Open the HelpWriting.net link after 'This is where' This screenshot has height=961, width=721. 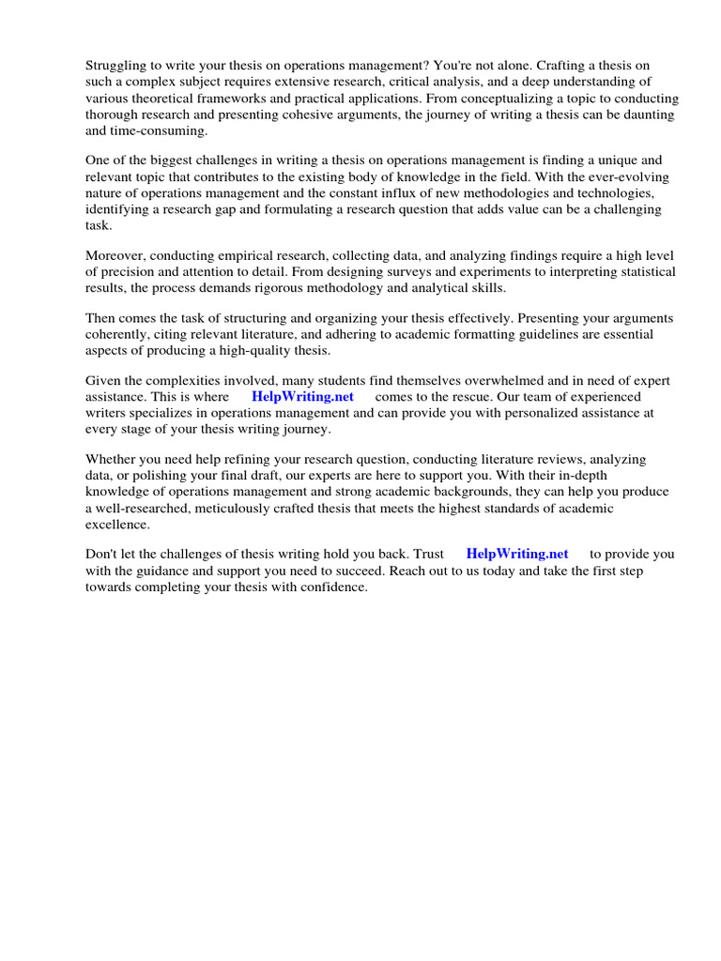[302, 396]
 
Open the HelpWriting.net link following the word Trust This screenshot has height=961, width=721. [517, 554]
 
